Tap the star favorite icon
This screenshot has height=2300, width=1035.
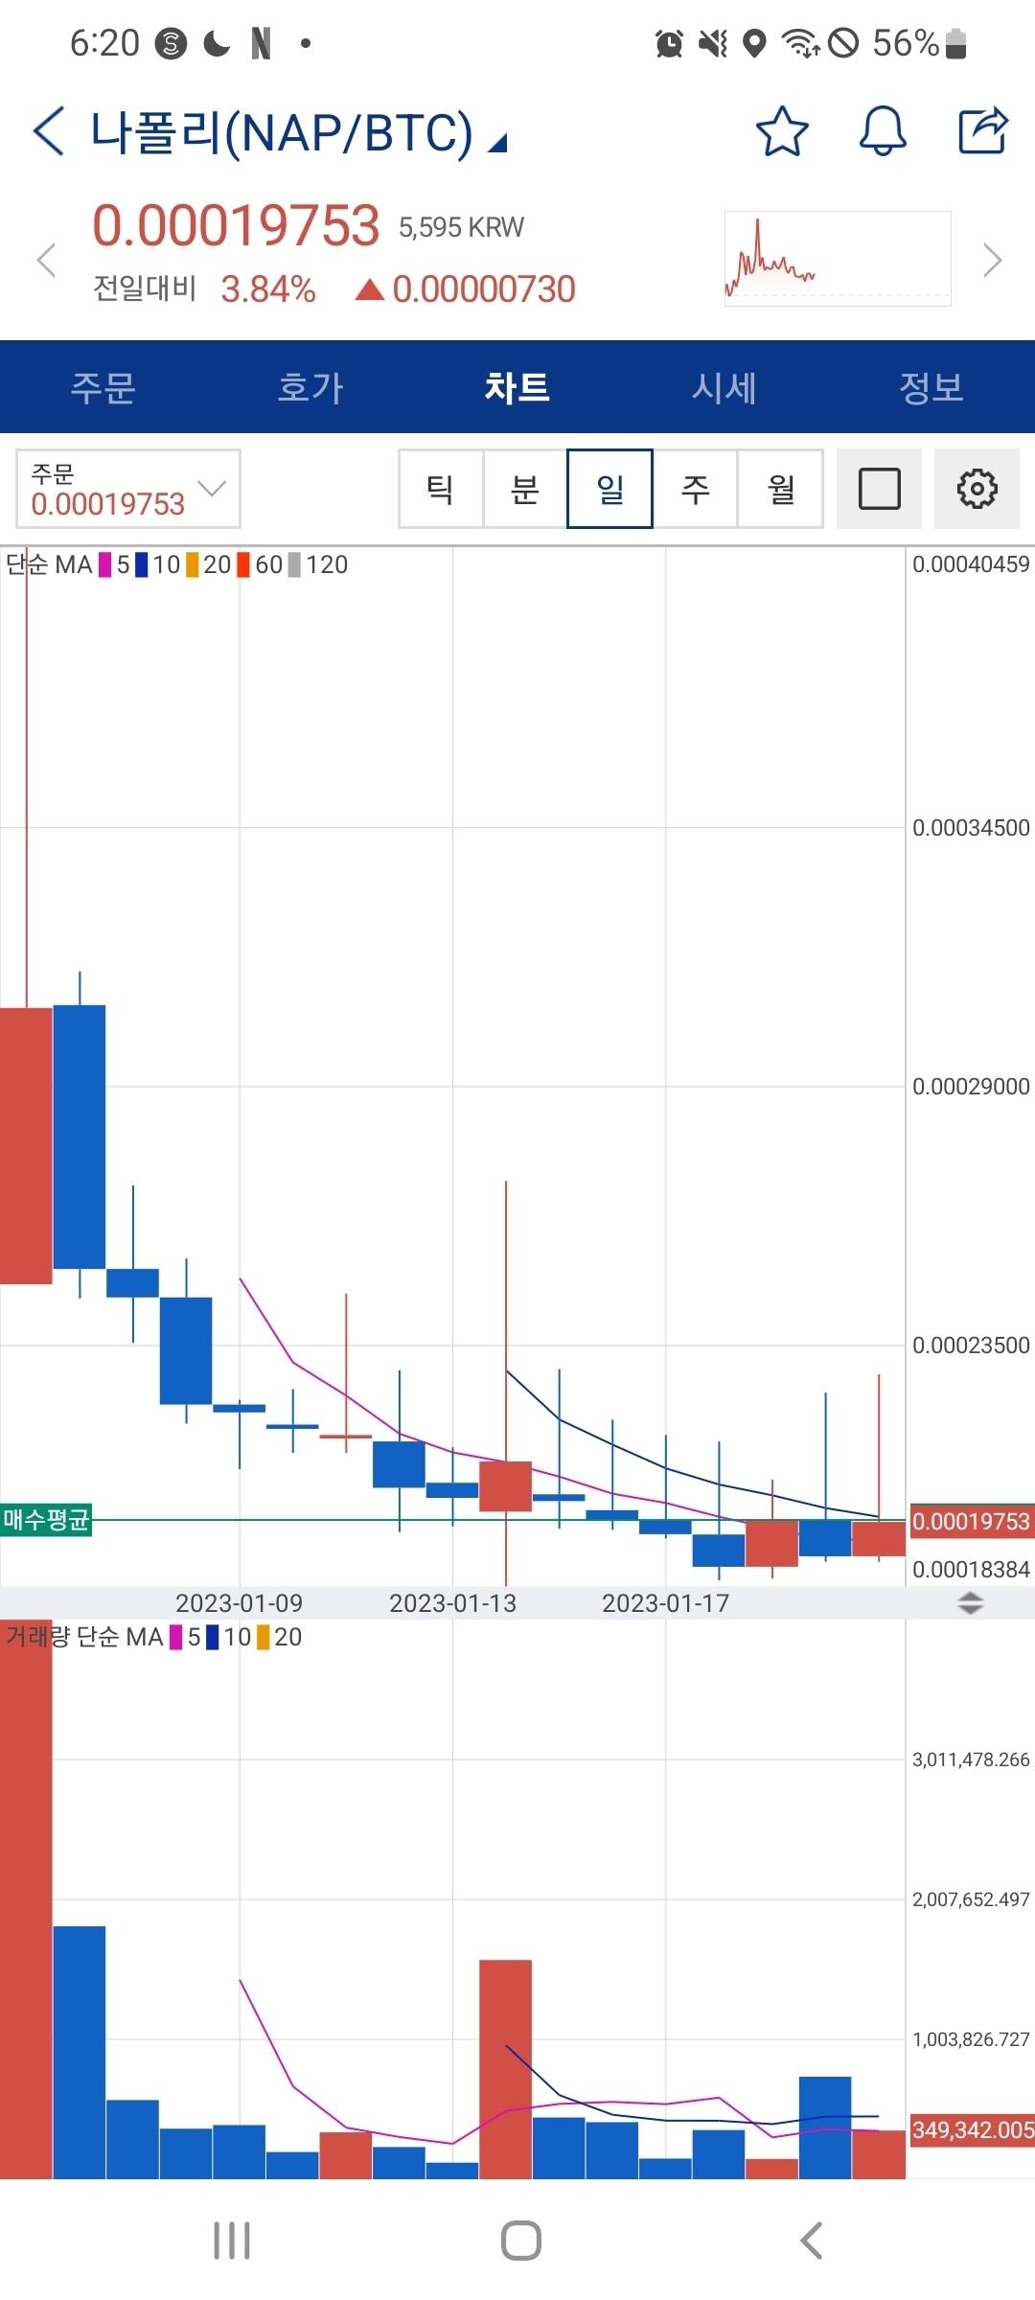point(782,131)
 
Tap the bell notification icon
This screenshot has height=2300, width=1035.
point(883,131)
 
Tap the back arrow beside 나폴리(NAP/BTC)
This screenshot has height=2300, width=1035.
point(49,131)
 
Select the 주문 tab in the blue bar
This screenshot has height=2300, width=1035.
point(103,388)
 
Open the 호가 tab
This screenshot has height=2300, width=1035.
point(310,388)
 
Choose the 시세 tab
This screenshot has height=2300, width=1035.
point(724,388)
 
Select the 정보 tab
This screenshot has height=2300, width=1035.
point(931,388)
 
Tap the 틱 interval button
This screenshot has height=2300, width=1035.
point(441,489)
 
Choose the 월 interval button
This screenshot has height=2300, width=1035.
point(781,489)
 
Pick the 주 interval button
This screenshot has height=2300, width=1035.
point(696,489)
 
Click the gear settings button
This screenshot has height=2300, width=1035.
point(977,489)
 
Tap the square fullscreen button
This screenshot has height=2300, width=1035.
point(879,489)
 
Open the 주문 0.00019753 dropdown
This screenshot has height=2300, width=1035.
point(127,489)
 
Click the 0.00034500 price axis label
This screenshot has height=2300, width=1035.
point(971,828)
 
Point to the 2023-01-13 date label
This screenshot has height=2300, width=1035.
point(452,1603)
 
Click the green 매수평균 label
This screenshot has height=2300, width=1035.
point(46,1519)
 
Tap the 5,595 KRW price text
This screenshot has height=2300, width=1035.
point(462,227)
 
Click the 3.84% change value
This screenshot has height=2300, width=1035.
point(268,289)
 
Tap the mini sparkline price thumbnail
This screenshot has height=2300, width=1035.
point(838,259)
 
